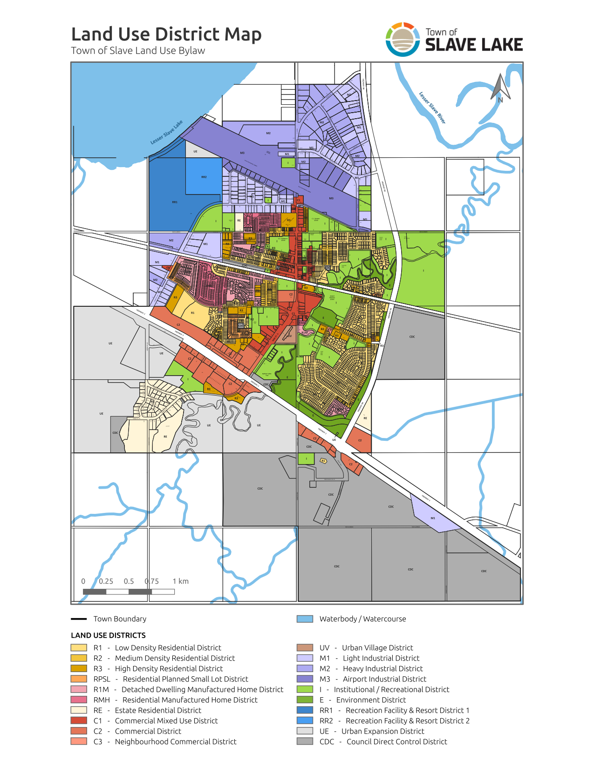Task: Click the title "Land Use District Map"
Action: coord(166,34)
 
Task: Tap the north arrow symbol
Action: coord(500,87)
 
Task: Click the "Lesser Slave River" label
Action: coord(432,108)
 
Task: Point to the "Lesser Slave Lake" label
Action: coord(166,133)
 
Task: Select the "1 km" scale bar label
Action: coord(180,581)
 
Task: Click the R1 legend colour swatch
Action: coord(79,647)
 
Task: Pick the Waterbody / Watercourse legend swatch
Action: coord(305,619)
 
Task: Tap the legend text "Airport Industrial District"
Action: coord(384,679)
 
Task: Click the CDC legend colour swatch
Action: coord(305,741)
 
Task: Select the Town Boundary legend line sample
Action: coord(79,619)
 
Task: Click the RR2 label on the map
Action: coord(204,177)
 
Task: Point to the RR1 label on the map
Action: coord(175,202)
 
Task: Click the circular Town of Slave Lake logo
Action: coord(403,40)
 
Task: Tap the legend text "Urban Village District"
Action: coord(377,647)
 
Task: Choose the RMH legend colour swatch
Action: coord(79,700)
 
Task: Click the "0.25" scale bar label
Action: coord(106,581)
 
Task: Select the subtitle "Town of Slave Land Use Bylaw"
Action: coord(138,51)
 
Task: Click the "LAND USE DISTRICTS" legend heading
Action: coord(108,635)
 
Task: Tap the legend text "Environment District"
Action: coord(371,700)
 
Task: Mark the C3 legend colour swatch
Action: coord(79,741)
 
